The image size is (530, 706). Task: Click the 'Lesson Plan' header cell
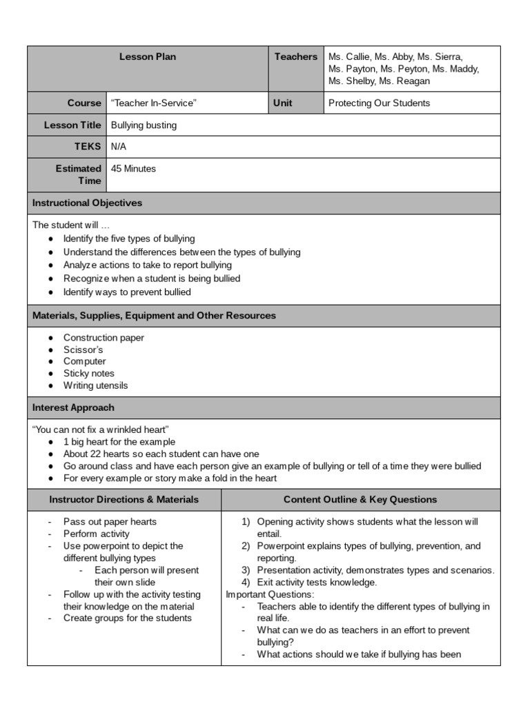tap(147, 57)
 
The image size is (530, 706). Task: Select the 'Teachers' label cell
tap(295, 57)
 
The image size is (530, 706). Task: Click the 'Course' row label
tap(84, 103)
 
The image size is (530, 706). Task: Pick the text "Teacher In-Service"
tap(154, 103)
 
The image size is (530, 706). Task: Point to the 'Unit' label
tap(283, 103)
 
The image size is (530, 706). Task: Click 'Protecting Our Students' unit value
tap(379, 103)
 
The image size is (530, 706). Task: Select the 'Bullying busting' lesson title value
tap(144, 125)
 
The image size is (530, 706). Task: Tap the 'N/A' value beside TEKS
tap(119, 146)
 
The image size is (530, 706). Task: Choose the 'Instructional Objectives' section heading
tap(88, 203)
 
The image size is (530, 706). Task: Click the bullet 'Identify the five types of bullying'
tap(129, 239)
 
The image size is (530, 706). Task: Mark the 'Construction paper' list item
tap(104, 338)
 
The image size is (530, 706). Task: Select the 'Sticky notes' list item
tap(89, 373)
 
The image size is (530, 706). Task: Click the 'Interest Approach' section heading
tap(74, 407)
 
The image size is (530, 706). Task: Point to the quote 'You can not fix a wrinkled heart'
tap(101, 430)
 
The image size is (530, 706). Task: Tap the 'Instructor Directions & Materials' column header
tap(124, 499)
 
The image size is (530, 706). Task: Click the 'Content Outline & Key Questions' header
tap(360, 499)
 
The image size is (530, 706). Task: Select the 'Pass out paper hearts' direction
tap(110, 522)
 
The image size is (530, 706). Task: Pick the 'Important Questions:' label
tap(270, 594)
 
